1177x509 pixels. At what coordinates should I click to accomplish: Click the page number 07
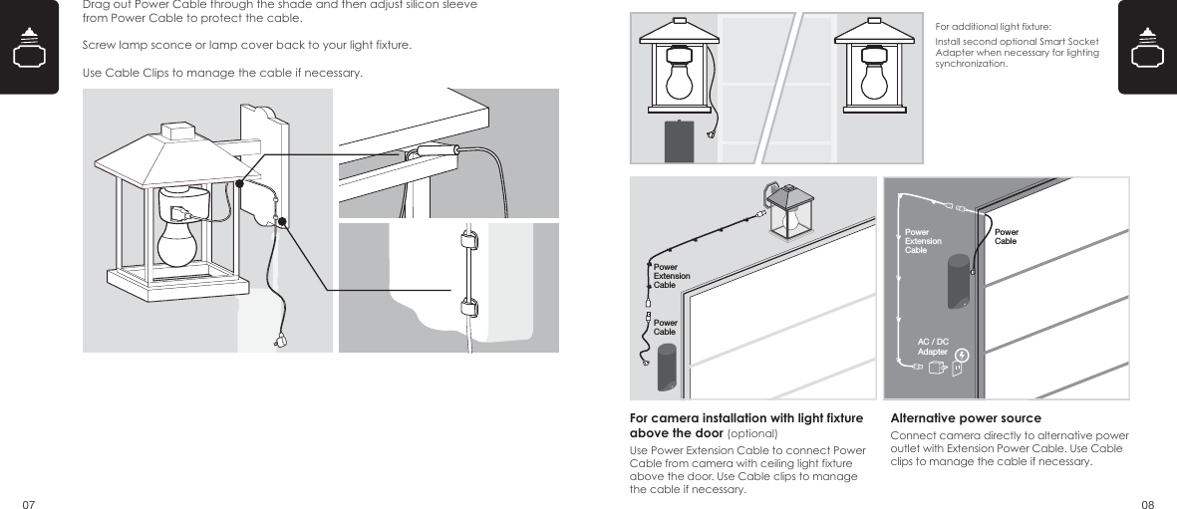(28, 503)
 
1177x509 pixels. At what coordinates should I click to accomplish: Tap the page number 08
(1147, 503)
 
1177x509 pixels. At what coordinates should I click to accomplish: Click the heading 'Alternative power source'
(965, 418)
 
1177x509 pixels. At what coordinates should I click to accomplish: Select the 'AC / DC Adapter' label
(933, 347)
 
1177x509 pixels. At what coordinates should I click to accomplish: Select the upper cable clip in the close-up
(465, 240)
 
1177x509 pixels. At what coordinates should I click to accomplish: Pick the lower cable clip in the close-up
(465, 305)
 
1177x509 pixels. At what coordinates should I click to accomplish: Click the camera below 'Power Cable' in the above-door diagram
(666, 369)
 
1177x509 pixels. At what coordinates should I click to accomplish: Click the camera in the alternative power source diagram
(959, 280)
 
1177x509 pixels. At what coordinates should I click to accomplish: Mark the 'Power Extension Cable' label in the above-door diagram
(671, 276)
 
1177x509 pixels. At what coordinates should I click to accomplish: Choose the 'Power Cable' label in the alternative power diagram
(1006, 236)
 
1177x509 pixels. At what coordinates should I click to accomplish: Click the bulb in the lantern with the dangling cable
(680, 81)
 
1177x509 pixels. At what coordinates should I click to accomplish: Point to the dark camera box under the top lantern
(680, 141)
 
